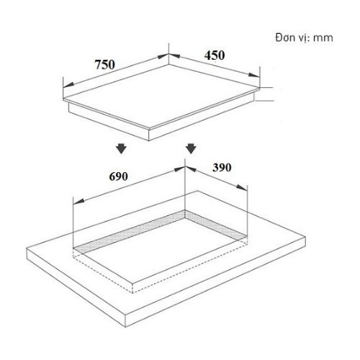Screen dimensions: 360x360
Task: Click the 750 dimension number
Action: pyautogui.click(x=105, y=65)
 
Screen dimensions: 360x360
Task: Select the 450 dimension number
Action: pyautogui.click(x=215, y=55)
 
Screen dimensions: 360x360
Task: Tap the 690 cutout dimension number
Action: pyautogui.click(x=118, y=176)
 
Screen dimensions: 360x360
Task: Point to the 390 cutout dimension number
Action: pyautogui.click(x=222, y=167)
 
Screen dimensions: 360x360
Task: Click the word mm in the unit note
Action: pyautogui.click(x=323, y=38)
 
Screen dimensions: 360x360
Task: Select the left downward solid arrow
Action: pyautogui.click(x=122, y=149)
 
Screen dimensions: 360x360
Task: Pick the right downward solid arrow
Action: pyautogui.click(x=191, y=148)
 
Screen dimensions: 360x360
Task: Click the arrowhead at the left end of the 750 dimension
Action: pyautogui.click(x=68, y=85)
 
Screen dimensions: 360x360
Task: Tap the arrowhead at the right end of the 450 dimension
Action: pyautogui.click(x=254, y=75)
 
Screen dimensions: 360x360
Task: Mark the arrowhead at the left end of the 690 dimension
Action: pyautogui.click(x=78, y=201)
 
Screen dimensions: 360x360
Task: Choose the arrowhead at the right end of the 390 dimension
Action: pyautogui.click(x=242, y=187)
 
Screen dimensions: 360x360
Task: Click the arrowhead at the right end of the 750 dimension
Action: pyautogui.click(x=163, y=56)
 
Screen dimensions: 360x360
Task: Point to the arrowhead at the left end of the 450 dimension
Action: pyautogui.click(x=174, y=55)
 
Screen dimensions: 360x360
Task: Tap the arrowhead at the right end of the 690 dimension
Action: pyautogui.click(x=179, y=169)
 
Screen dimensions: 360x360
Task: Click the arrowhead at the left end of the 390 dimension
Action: pyautogui.click(x=191, y=169)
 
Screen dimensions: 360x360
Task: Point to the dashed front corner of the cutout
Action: pyautogui.click(x=132, y=293)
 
